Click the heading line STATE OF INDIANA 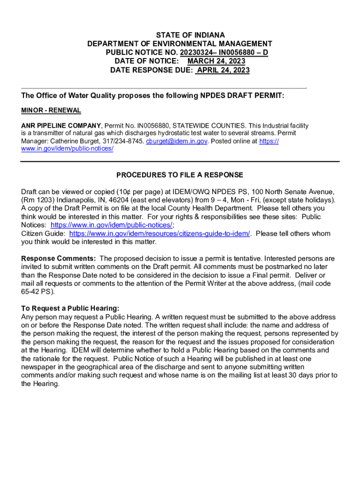(190, 35)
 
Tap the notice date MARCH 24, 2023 (216, 61)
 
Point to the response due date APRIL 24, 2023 (223, 70)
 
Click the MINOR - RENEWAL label (51, 110)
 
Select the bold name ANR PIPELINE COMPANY (61, 126)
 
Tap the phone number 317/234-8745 (126, 141)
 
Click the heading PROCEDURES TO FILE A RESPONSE (180, 175)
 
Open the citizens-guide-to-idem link (159, 233)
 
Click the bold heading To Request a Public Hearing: (70, 308)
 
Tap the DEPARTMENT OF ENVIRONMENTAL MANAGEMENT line (180, 44)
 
